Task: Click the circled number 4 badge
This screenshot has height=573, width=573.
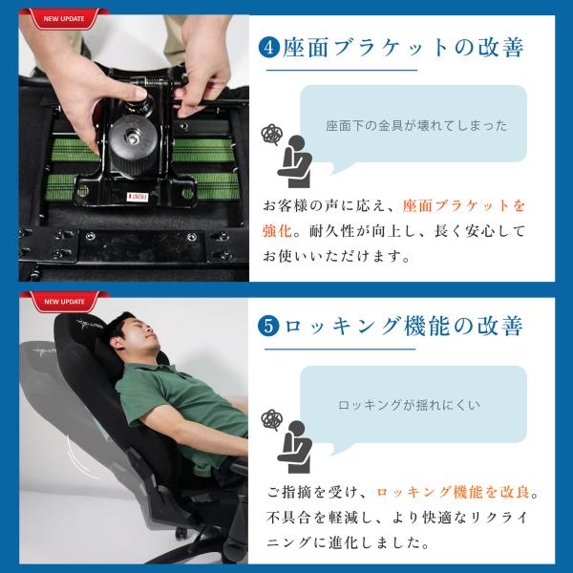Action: coord(269,48)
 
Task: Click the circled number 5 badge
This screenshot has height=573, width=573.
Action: coord(268,326)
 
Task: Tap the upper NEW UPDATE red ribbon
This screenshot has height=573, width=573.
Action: coord(64,18)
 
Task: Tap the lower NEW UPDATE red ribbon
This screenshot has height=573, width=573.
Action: coord(64,302)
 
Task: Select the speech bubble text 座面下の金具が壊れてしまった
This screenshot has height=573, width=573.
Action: coord(416,126)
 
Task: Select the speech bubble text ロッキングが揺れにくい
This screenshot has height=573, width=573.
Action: coord(409,405)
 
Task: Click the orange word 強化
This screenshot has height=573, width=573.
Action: coord(277,231)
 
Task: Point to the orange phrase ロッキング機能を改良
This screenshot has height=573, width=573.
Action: coord(453,492)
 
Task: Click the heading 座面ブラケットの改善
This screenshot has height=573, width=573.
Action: coord(403,48)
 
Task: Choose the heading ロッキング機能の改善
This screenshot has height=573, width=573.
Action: coord(403,326)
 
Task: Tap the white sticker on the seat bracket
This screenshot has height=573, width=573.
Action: coord(138,197)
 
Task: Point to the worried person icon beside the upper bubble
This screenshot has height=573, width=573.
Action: coord(294,161)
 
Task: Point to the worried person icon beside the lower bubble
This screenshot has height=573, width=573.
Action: coord(294,447)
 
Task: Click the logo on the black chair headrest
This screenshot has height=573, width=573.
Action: coord(89,325)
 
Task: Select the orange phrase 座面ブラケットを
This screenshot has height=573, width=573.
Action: coord(463,205)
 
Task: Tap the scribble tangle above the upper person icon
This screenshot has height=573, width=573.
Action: coord(272,134)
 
